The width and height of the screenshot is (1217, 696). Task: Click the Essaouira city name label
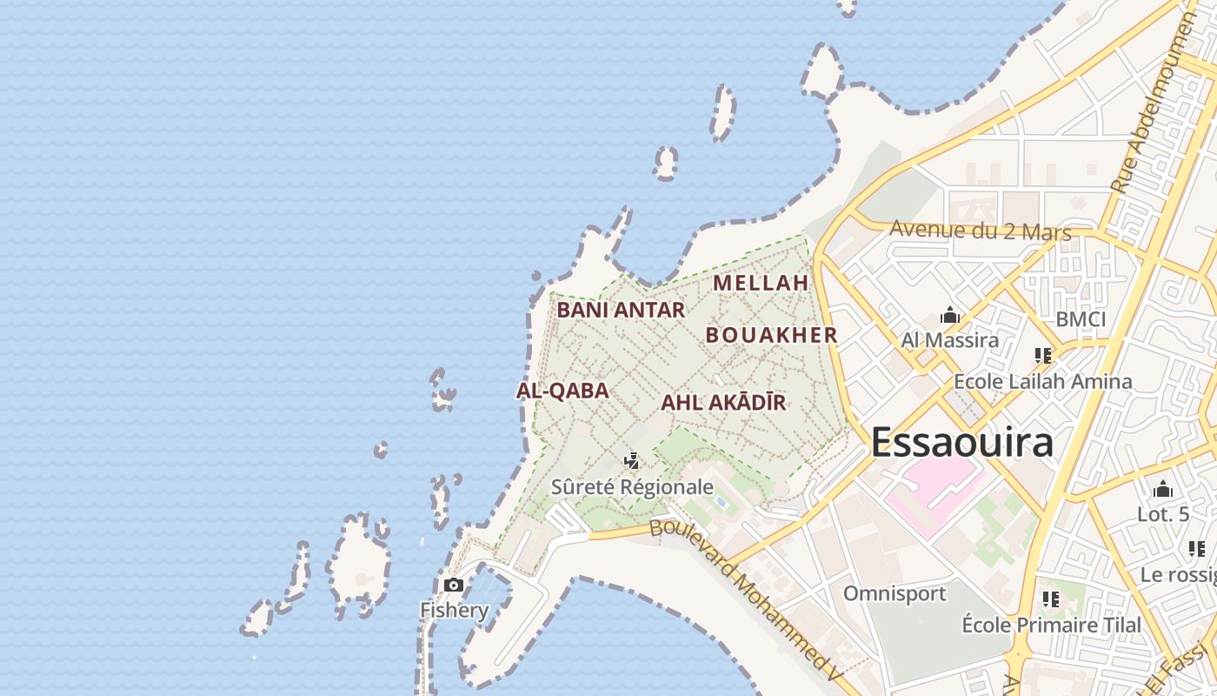click(x=962, y=442)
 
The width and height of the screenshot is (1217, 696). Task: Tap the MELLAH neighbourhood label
click(x=761, y=283)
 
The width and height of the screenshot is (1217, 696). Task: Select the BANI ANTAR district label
click(x=621, y=310)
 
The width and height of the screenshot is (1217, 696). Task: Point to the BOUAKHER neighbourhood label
click(x=771, y=335)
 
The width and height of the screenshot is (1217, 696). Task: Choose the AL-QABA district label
click(x=562, y=391)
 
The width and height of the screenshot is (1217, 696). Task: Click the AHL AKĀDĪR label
click(x=723, y=402)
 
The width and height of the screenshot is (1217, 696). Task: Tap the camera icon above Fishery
click(x=453, y=585)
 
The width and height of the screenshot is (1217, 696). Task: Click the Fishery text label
click(x=454, y=610)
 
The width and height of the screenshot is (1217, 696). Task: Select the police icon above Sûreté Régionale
click(x=632, y=461)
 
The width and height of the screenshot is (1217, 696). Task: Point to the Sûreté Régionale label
click(x=632, y=487)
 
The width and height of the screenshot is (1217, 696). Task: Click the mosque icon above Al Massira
click(x=949, y=315)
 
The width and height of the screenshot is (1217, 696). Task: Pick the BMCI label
click(x=1081, y=319)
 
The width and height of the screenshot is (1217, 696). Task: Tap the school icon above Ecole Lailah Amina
click(x=1042, y=356)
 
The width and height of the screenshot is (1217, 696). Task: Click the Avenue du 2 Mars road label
click(x=981, y=231)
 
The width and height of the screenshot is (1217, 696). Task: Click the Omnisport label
click(x=894, y=594)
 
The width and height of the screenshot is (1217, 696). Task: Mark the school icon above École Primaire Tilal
click(x=1050, y=599)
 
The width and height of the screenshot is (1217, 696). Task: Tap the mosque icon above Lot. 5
click(x=1163, y=490)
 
